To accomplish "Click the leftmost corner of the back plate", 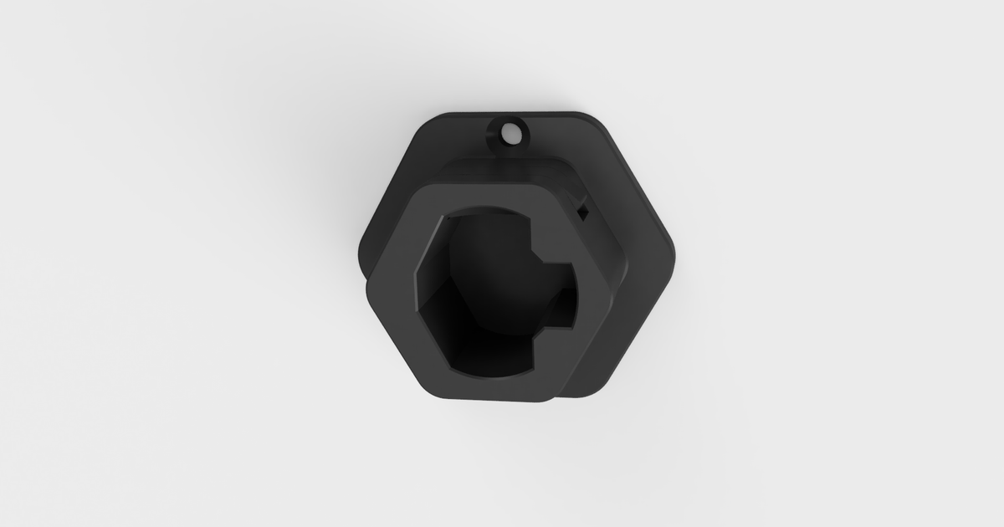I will click(360, 251).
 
